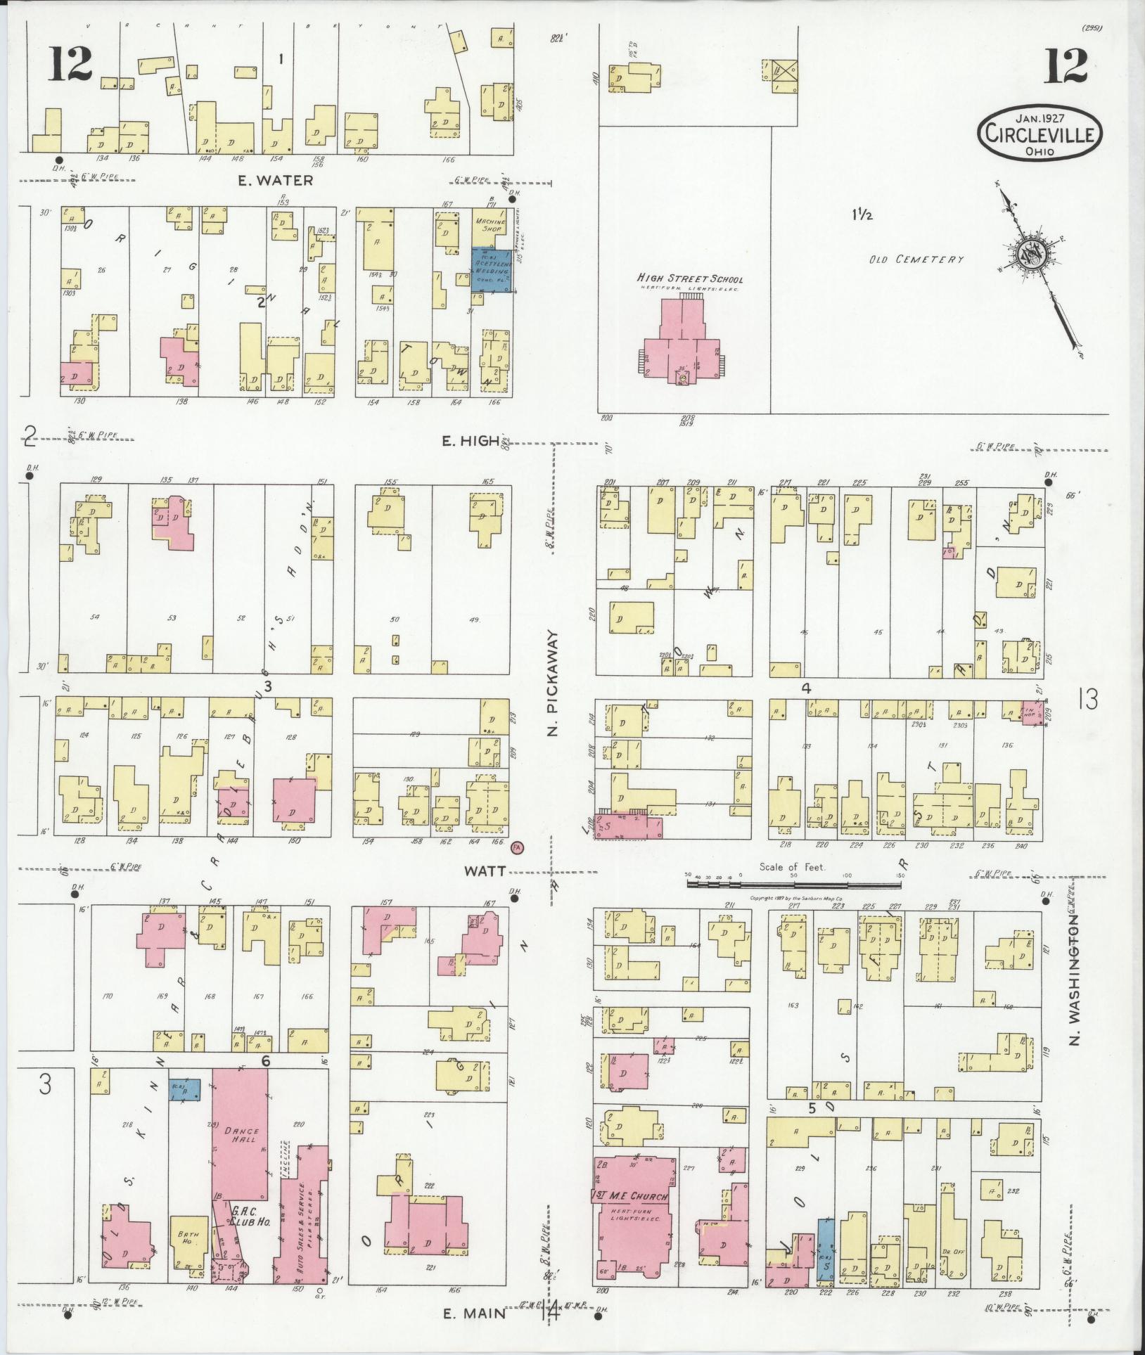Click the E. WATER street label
click(x=274, y=181)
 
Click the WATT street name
click(x=484, y=871)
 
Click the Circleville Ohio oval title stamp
click(x=1038, y=131)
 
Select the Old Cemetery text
click(x=916, y=259)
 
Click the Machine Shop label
click(x=491, y=223)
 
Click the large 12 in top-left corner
click(x=71, y=65)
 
